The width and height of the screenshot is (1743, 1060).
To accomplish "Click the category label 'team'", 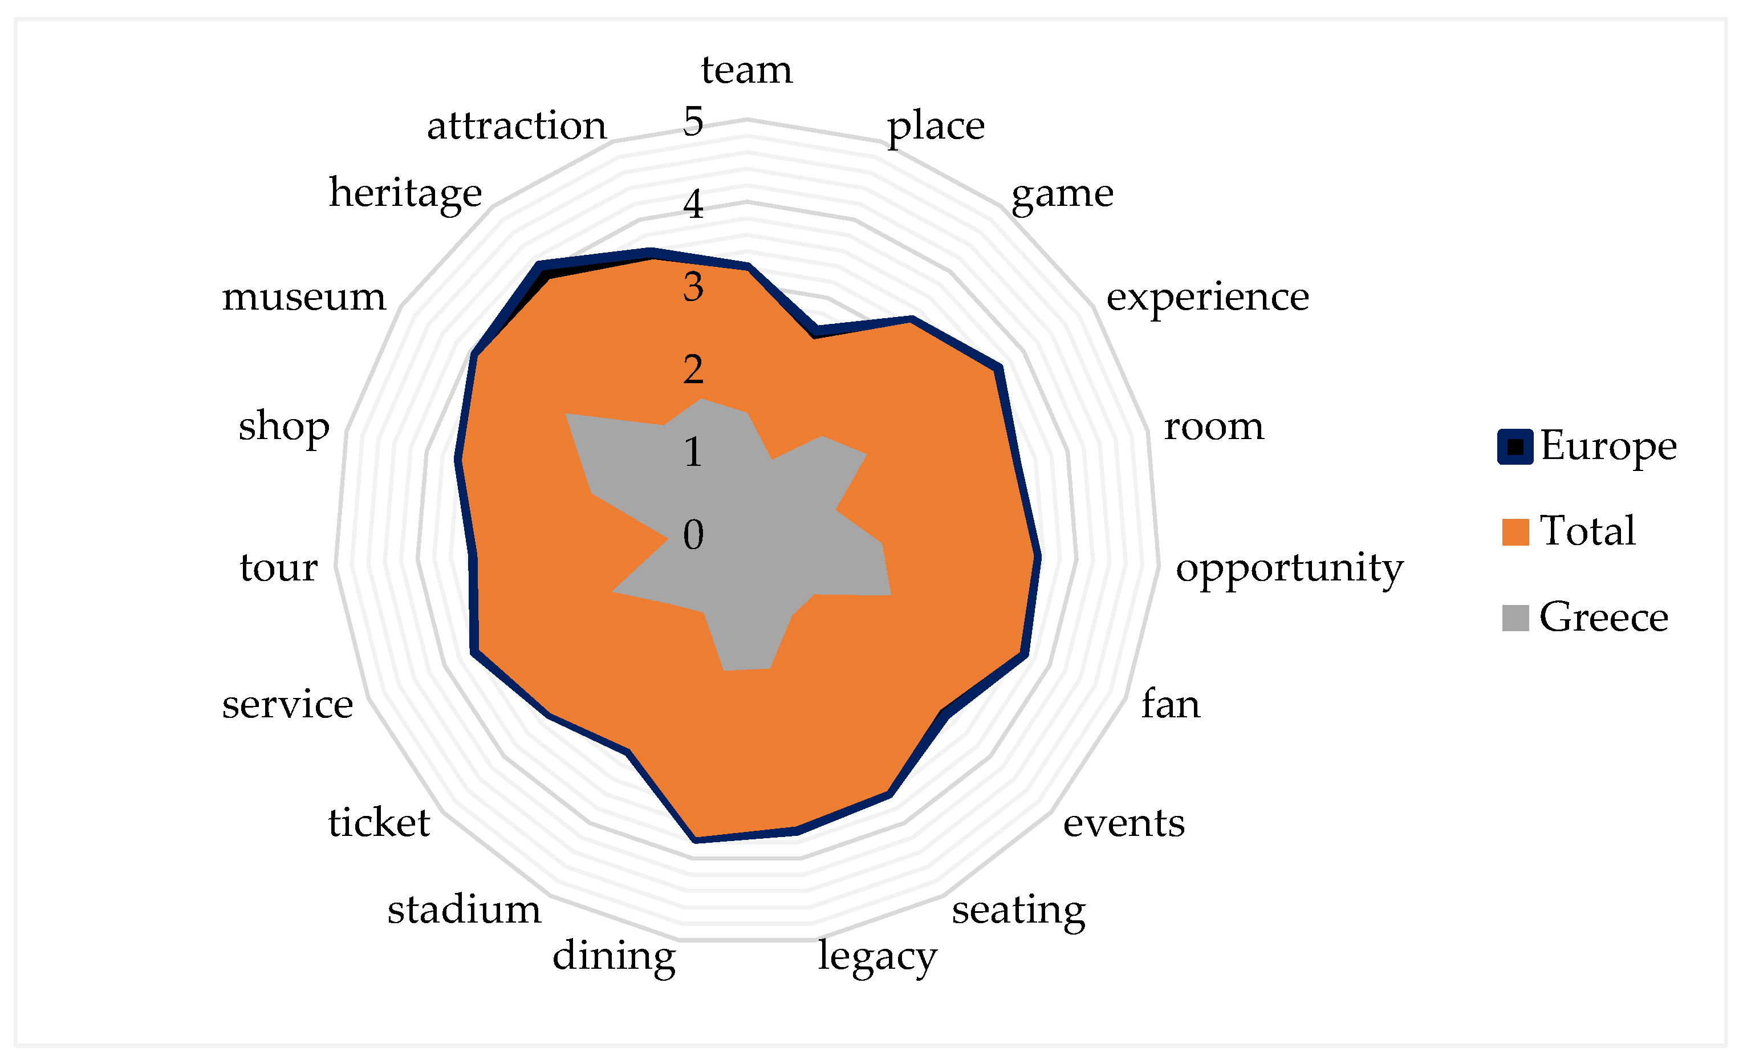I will click(746, 70).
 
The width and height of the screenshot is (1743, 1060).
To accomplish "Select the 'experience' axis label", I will click(1207, 297).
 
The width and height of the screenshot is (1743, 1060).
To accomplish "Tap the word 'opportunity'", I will click(1289, 568).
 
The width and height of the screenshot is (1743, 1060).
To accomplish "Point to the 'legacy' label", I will click(877, 957).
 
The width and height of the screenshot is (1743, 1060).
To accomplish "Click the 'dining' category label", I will click(613, 957).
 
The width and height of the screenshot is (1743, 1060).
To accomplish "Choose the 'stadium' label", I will click(464, 910).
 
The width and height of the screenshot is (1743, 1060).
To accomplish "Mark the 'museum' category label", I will click(303, 297).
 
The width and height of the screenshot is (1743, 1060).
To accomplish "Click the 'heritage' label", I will click(405, 194).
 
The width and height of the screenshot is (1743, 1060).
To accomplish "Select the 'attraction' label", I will click(517, 126).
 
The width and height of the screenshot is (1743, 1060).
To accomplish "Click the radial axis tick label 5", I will click(693, 121).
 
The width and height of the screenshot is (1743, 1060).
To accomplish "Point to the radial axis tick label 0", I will click(693, 534).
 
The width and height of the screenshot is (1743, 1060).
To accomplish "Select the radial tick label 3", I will click(693, 287).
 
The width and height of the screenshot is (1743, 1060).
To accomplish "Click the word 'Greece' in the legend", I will click(1604, 617).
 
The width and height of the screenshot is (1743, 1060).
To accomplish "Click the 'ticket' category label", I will click(379, 823).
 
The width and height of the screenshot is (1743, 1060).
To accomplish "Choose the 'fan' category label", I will click(1171, 705).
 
